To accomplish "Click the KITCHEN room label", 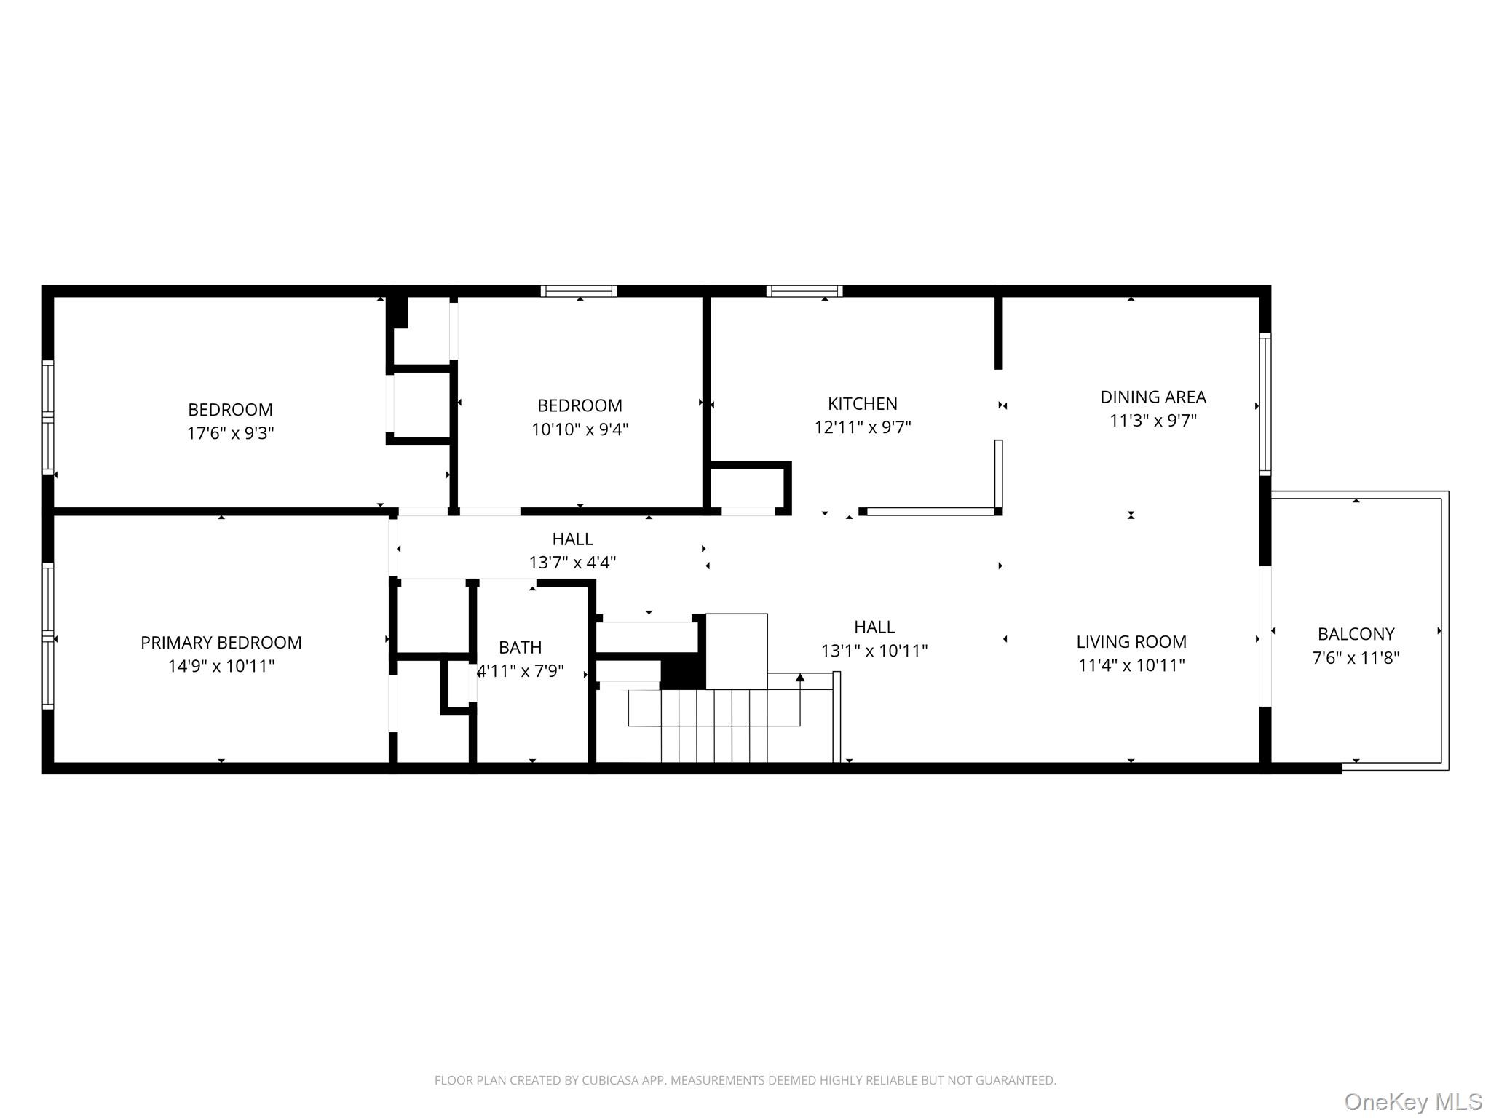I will point(862,403).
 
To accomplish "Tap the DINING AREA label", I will point(1152,397).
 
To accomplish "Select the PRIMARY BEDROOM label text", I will point(221,642).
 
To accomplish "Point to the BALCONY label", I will point(1356,633).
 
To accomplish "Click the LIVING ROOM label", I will point(1131,641).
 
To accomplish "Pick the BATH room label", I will point(520,647).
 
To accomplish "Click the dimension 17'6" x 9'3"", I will point(230,433).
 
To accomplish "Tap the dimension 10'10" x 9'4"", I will point(580,429).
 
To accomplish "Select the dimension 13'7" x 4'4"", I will point(572,563).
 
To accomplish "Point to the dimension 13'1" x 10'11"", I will point(874,651).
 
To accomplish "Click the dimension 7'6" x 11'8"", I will point(1356,658).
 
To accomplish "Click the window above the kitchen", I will point(804,291).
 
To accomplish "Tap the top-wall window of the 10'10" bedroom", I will point(579,291).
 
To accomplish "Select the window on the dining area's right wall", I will point(1265,405).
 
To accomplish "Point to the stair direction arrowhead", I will point(799,678).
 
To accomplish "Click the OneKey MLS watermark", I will point(1412,1101).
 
